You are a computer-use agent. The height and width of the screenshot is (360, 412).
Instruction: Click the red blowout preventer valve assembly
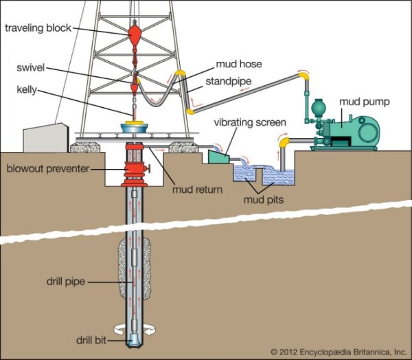pyautogui.click(x=135, y=172)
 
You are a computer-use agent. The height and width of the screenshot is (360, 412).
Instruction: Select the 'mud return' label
pyautogui.click(x=198, y=190)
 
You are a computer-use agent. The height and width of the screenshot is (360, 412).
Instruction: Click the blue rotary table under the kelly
pyautogui.click(x=135, y=128)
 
